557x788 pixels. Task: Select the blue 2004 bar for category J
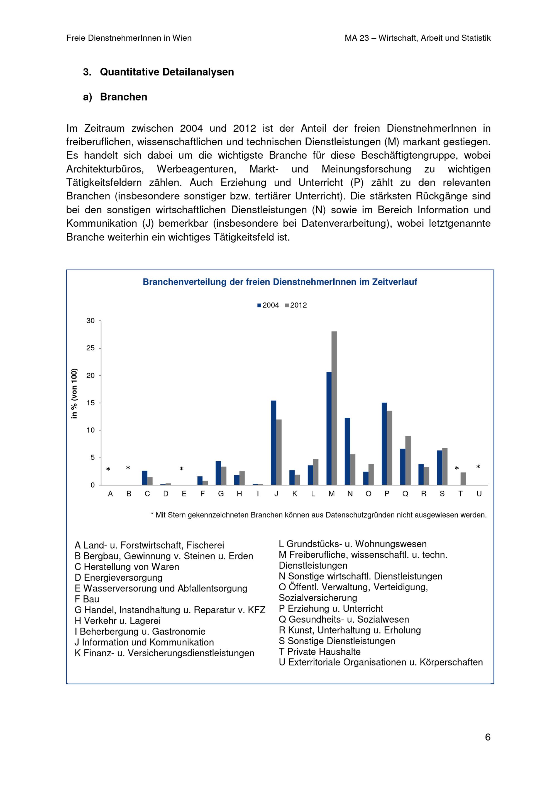click(x=273, y=443)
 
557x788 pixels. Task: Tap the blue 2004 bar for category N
click(x=347, y=451)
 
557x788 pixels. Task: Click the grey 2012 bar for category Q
click(x=408, y=460)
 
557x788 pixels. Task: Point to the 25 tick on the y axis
click(x=90, y=348)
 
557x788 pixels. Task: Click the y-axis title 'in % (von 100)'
click(x=74, y=393)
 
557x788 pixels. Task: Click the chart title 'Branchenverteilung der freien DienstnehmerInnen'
click(x=280, y=282)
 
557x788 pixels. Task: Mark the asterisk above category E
click(x=182, y=469)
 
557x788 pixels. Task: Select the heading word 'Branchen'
click(x=124, y=97)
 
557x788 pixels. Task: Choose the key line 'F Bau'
click(x=87, y=599)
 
